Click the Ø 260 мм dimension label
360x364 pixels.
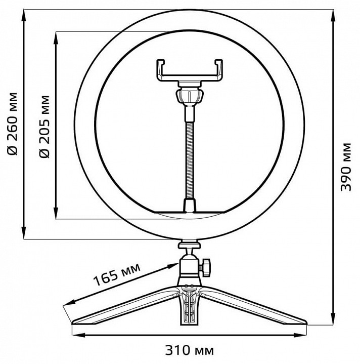[12, 124]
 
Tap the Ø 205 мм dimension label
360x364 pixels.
[44, 127]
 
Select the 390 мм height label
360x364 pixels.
[346, 167]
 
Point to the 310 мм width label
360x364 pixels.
[190, 350]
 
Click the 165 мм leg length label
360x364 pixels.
[117, 274]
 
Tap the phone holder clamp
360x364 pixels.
[190, 70]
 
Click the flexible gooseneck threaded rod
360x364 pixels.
[190, 160]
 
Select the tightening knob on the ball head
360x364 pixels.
[205, 267]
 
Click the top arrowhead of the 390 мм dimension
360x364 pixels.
[333, 16]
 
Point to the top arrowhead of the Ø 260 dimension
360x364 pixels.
[24, 16]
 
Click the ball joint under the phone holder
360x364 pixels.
[190, 96]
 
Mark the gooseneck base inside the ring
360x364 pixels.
[190, 206]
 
